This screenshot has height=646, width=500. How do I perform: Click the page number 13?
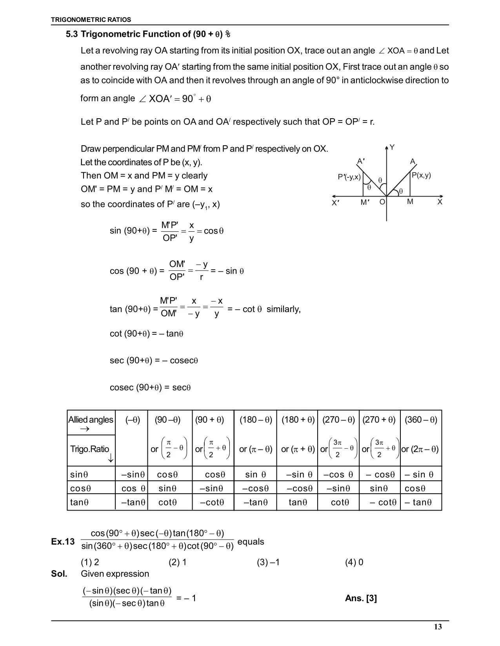click(x=438, y=627)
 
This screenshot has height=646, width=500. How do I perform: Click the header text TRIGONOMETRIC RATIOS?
click(x=91, y=20)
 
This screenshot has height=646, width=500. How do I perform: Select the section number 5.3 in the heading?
click(x=72, y=34)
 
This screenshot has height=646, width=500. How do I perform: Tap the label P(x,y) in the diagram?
click(x=421, y=175)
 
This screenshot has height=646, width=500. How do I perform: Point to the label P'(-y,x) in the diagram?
click(x=349, y=177)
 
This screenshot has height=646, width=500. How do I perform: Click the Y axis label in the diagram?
click(x=392, y=148)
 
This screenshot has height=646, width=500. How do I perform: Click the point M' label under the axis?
click(x=365, y=202)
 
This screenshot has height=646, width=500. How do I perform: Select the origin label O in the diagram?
click(x=382, y=202)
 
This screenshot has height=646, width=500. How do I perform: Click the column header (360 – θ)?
click(x=421, y=420)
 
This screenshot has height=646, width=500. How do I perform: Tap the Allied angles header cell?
click(x=91, y=420)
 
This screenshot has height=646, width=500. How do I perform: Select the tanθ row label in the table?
click(x=79, y=502)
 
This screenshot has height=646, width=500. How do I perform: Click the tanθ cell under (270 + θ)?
click(x=383, y=502)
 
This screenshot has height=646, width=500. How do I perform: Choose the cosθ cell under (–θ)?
click(x=133, y=489)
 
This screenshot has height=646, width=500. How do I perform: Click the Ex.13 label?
click(x=63, y=542)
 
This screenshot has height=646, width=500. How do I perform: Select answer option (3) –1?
click(x=268, y=563)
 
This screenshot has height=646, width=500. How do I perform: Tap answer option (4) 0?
click(x=354, y=563)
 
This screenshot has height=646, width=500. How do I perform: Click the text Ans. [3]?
click(x=361, y=598)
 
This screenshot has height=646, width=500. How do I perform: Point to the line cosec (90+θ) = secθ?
click(x=150, y=388)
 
